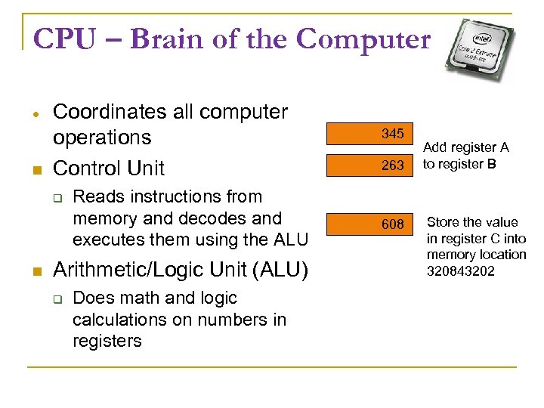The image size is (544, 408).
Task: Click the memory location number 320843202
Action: coord(461,271)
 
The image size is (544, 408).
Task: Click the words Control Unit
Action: coord(109,168)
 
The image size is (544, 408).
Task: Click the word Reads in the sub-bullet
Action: coord(95,197)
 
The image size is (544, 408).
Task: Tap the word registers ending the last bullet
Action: coord(107,341)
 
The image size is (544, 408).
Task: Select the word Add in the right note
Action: coord(437,147)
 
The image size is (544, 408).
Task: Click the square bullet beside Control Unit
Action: coord(35,169)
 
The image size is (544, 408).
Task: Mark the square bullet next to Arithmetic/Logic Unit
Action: coord(35,270)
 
